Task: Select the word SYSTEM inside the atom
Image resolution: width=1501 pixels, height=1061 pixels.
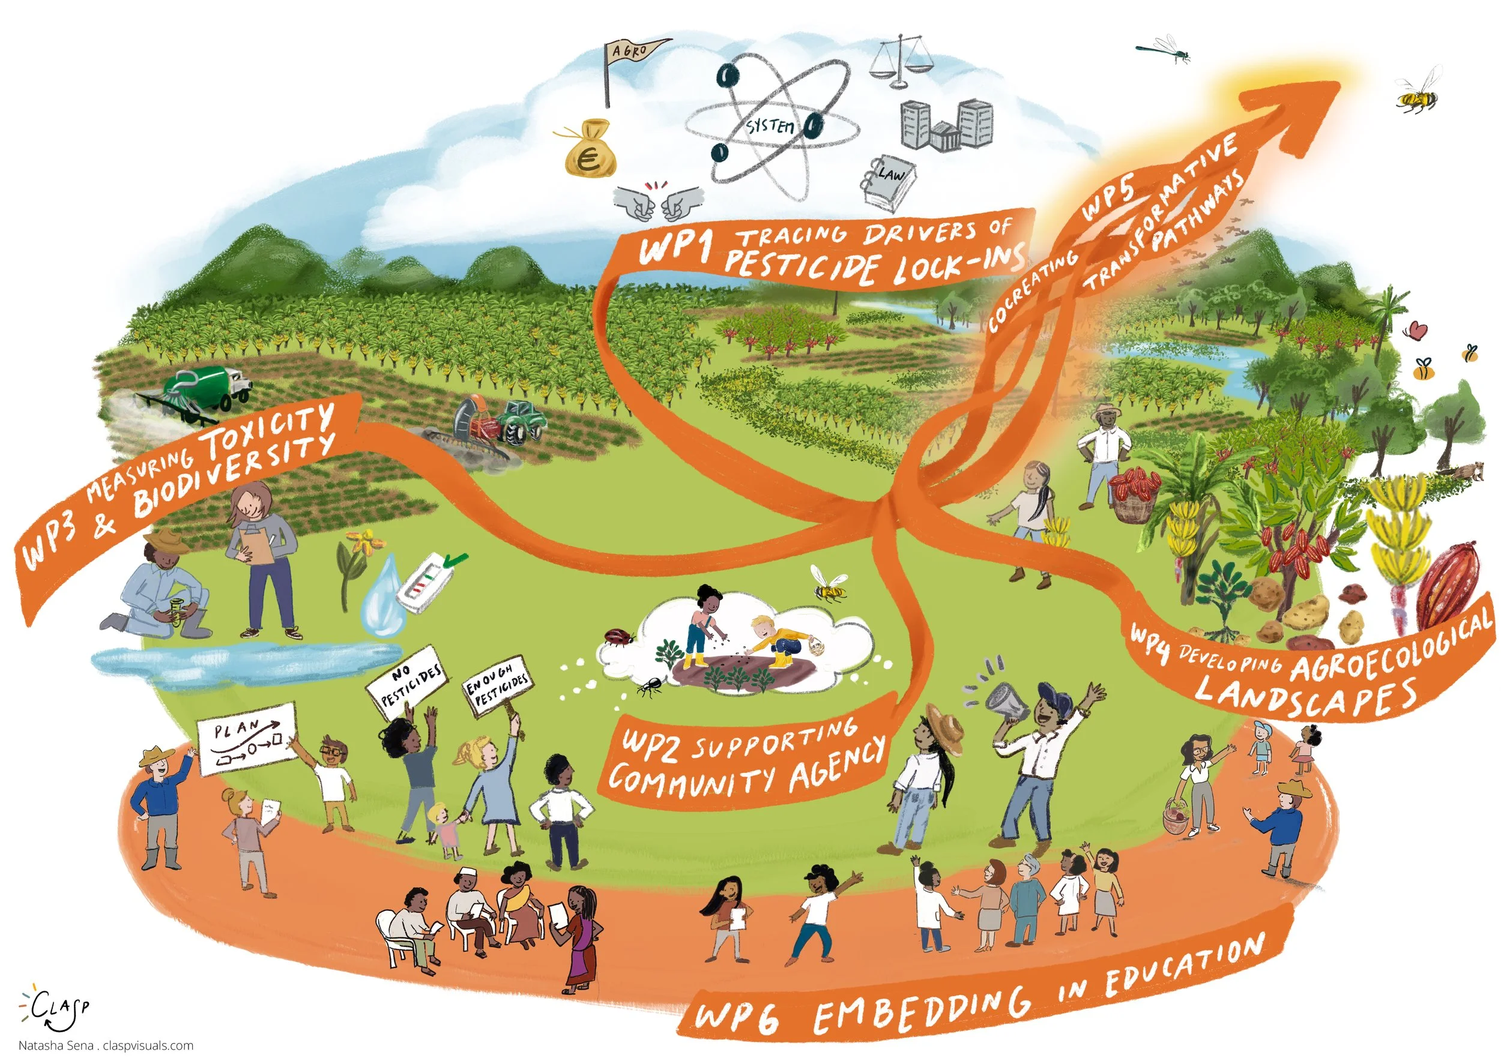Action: (772, 125)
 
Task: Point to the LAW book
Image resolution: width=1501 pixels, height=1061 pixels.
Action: (889, 179)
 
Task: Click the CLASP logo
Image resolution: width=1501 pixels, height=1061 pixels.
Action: (56, 1007)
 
